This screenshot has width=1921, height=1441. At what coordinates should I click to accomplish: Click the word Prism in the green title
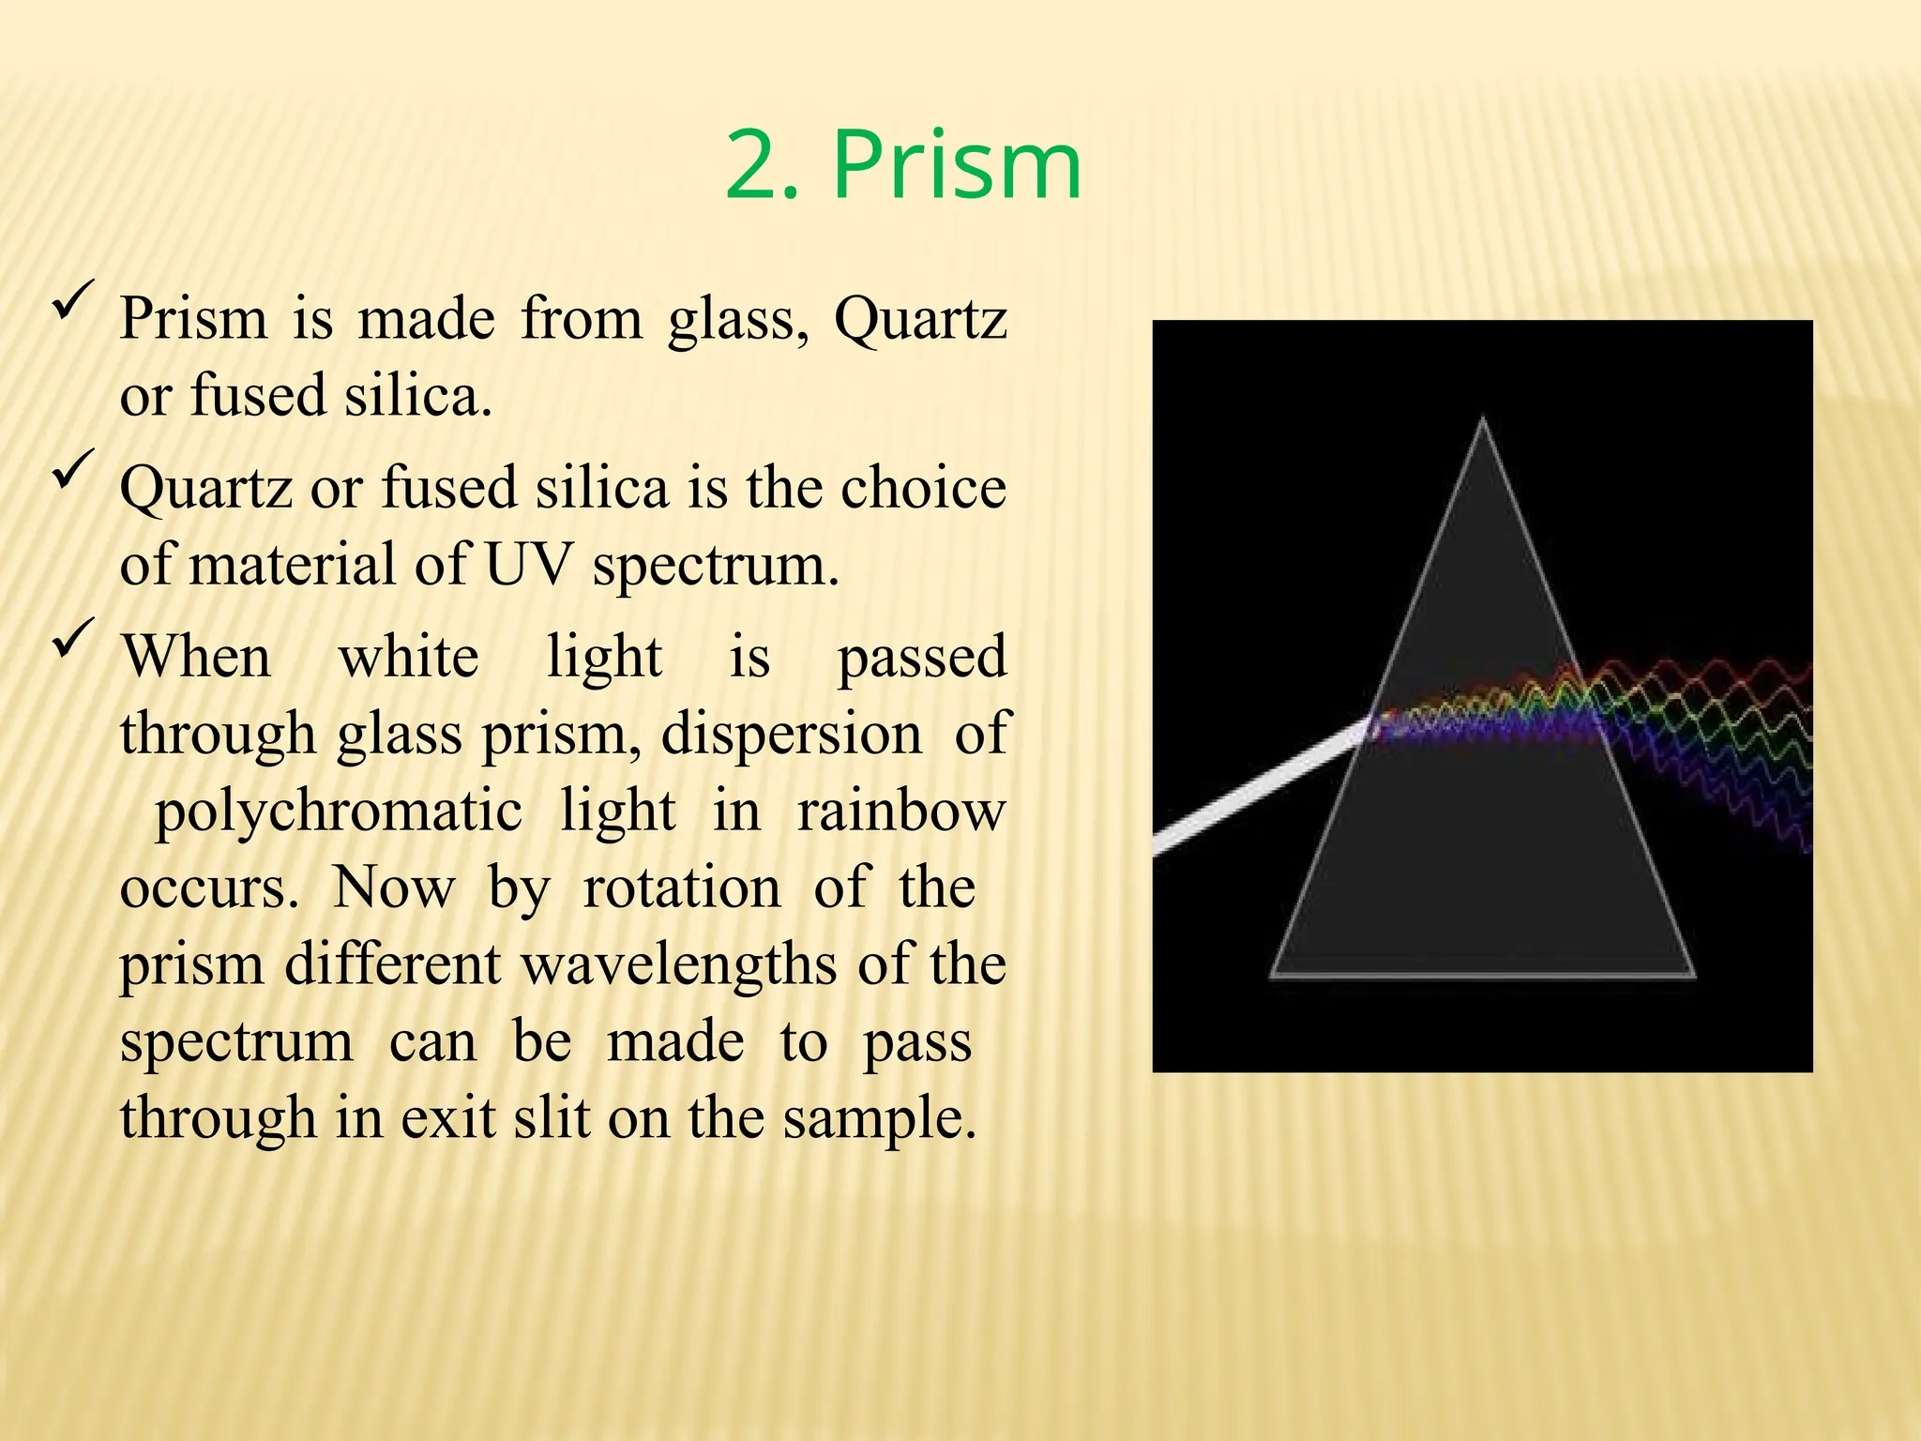[957, 166]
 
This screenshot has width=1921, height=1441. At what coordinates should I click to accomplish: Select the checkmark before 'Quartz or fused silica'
[73, 468]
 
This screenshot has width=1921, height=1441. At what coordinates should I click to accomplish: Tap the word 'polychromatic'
[338, 811]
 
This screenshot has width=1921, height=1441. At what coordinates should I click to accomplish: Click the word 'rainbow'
[901, 811]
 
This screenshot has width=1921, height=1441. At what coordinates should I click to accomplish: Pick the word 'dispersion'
[791, 734]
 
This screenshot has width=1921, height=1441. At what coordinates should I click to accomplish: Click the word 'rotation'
[681, 887]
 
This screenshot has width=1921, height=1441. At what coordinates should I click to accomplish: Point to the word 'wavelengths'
[678, 964]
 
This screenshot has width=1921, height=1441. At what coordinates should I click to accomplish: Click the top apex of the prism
[1482, 420]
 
